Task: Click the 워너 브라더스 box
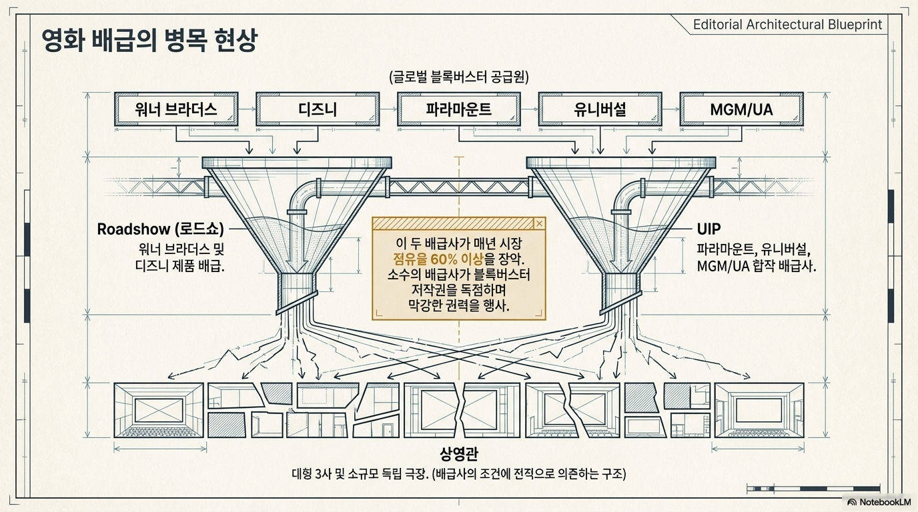[x=177, y=109]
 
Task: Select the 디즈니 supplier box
[x=318, y=109]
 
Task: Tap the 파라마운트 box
[x=458, y=109]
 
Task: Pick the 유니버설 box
[x=599, y=109]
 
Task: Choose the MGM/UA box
[x=741, y=109]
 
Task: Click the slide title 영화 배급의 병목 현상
[x=148, y=41]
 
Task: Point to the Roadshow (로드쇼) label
[x=160, y=229]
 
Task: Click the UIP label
[x=709, y=229]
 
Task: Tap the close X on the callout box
[x=539, y=223]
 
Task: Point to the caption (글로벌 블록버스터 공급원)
[x=458, y=77]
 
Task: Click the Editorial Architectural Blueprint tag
[x=787, y=25]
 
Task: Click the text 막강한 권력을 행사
[x=458, y=306]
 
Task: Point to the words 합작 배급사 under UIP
[x=781, y=265]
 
